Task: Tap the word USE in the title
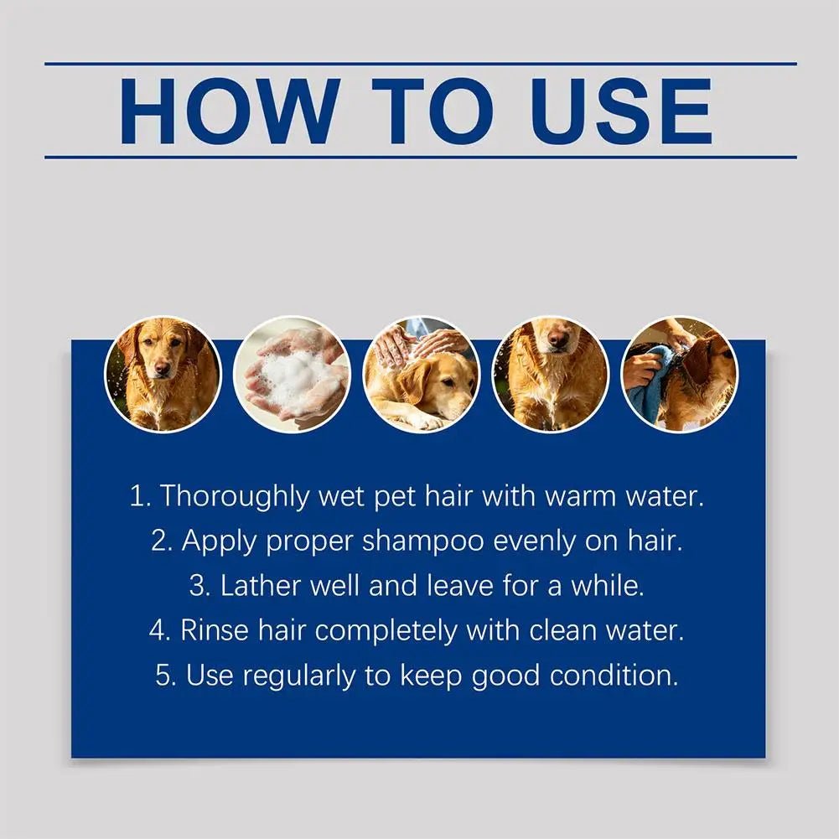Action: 621,111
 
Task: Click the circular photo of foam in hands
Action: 293,374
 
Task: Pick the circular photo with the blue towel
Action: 680,374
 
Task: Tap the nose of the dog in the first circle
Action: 163,369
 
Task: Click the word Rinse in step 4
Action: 215,629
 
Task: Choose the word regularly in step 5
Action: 299,676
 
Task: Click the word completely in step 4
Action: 386,630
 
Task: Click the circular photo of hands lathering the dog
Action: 422,374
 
